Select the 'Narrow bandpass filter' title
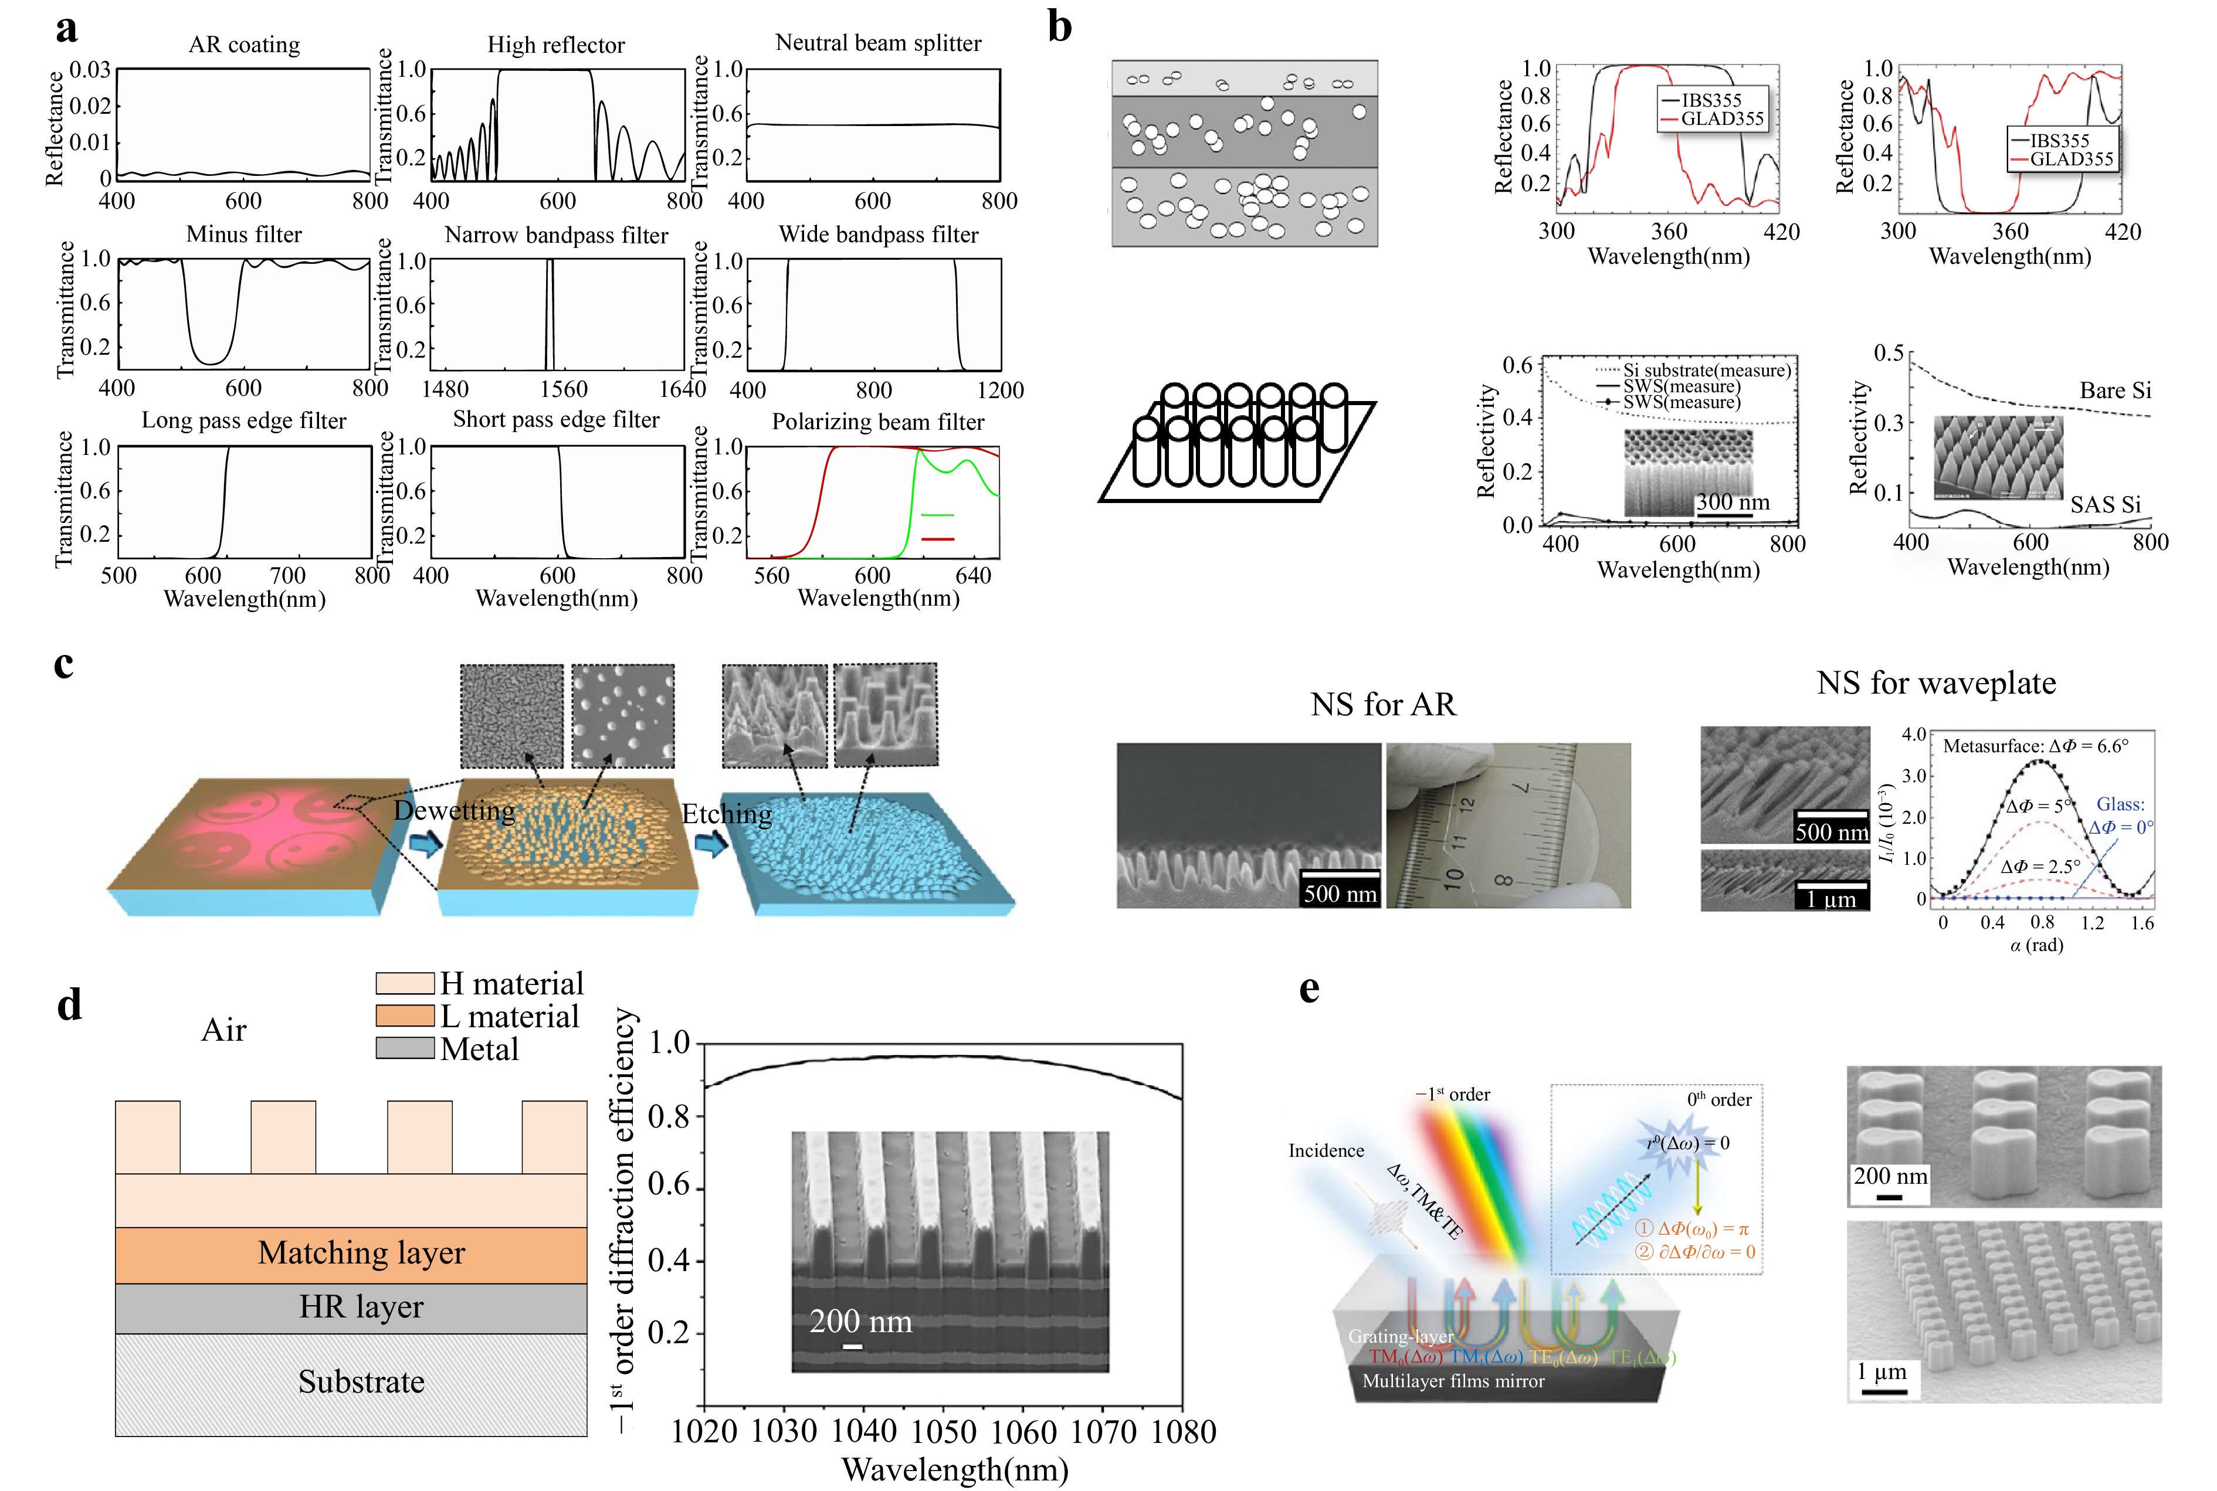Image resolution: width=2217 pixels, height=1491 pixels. click(557, 235)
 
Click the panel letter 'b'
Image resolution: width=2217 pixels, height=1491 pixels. click(1059, 26)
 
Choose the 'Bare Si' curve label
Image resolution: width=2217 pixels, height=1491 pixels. click(2114, 391)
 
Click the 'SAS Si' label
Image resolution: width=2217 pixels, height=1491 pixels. click(2105, 504)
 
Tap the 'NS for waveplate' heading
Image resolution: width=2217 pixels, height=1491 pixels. click(1935, 682)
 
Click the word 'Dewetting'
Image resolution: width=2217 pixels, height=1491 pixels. click(455, 810)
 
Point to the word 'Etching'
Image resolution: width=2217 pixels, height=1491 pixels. click(727, 814)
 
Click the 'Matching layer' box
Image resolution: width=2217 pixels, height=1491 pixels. click(361, 1254)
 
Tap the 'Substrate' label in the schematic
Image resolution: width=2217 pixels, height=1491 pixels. click(361, 1381)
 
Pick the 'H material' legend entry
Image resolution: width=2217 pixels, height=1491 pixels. click(511, 983)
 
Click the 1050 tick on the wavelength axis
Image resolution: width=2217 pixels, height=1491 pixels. click(944, 1431)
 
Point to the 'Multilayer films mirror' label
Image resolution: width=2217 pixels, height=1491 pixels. click(1453, 1381)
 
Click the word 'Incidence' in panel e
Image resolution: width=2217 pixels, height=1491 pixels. click(1326, 1150)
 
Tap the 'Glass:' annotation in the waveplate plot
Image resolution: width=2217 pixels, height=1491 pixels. click(2120, 804)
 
